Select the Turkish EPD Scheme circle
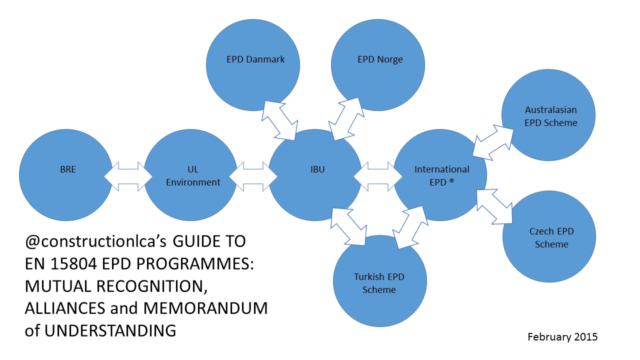[378, 281]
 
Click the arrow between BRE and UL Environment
[128, 176]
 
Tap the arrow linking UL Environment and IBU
[253, 176]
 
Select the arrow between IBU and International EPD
[378, 176]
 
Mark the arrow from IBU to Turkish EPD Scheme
[348, 226]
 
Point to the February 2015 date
[562, 336]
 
